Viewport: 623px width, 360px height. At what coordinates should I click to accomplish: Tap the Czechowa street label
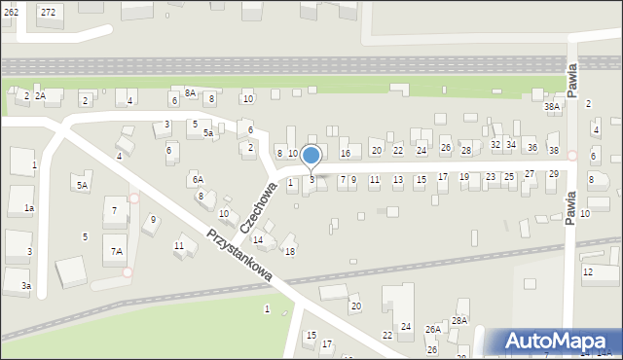point(258,205)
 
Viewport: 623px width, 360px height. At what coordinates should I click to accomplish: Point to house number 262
point(10,12)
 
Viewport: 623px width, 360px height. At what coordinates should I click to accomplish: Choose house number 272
point(48,12)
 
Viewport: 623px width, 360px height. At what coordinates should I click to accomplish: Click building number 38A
point(552,106)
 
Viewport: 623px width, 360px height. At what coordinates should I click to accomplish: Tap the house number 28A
point(459,320)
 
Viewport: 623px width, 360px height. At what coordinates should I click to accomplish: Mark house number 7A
point(117,251)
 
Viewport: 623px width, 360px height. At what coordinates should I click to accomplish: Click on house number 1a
point(29,208)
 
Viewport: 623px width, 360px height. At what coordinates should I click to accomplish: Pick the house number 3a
point(27,286)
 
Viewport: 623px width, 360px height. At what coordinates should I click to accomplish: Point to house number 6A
point(198,180)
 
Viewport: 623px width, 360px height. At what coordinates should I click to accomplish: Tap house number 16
point(345,154)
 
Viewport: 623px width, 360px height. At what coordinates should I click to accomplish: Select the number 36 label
point(531,147)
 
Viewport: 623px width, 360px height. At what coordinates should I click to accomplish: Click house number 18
point(290,251)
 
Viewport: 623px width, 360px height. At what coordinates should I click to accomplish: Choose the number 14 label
point(258,239)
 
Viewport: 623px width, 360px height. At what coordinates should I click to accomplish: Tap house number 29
point(553,173)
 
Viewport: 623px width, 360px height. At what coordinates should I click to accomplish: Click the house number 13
point(397,180)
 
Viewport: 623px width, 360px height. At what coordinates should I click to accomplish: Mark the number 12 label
point(587,271)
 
